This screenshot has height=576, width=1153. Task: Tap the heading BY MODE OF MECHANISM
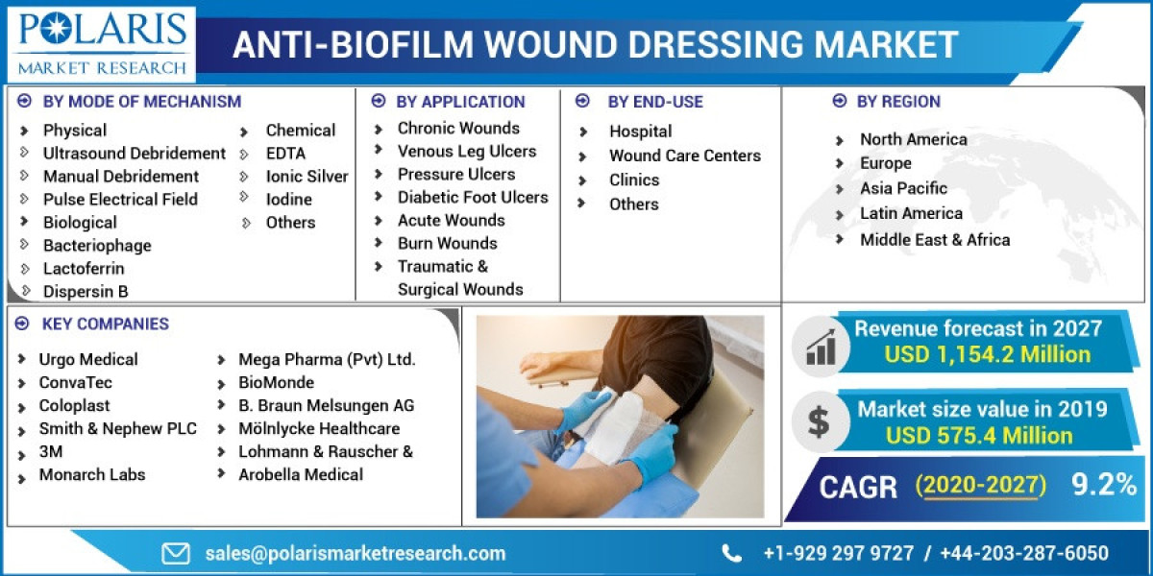coord(141,101)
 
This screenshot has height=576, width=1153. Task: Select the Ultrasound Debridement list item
coord(134,153)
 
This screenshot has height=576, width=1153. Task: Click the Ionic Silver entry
coord(307,176)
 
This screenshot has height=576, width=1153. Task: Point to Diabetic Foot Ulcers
coord(473,197)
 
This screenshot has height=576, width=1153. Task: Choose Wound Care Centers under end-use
coord(684,156)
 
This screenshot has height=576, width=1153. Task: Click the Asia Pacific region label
coord(903,188)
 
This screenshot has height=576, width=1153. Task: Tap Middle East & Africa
coord(934,240)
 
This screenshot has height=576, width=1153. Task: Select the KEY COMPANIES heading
coord(105,324)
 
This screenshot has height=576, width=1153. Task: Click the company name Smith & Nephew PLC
coord(117,428)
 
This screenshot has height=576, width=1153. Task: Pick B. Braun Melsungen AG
coord(326,405)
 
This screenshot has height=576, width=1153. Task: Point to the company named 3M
coord(52,451)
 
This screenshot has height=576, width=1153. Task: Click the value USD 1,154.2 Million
coord(987,354)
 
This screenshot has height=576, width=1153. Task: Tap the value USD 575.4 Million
coord(979,436)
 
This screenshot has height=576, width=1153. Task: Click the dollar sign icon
coord(819,421)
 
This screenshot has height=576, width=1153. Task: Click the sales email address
coord(355,553)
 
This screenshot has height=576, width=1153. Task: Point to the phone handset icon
coord(732,553)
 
